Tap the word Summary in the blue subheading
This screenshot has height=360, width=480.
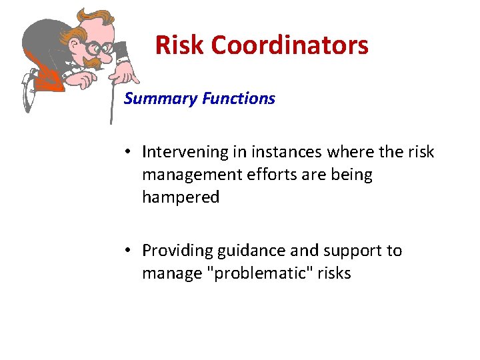click(x=161, y=99)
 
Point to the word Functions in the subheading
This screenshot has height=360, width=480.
click(x=239, y=99)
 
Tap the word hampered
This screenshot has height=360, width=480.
click(x=181, y=198)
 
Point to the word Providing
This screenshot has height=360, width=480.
click(x=174, y=251)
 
